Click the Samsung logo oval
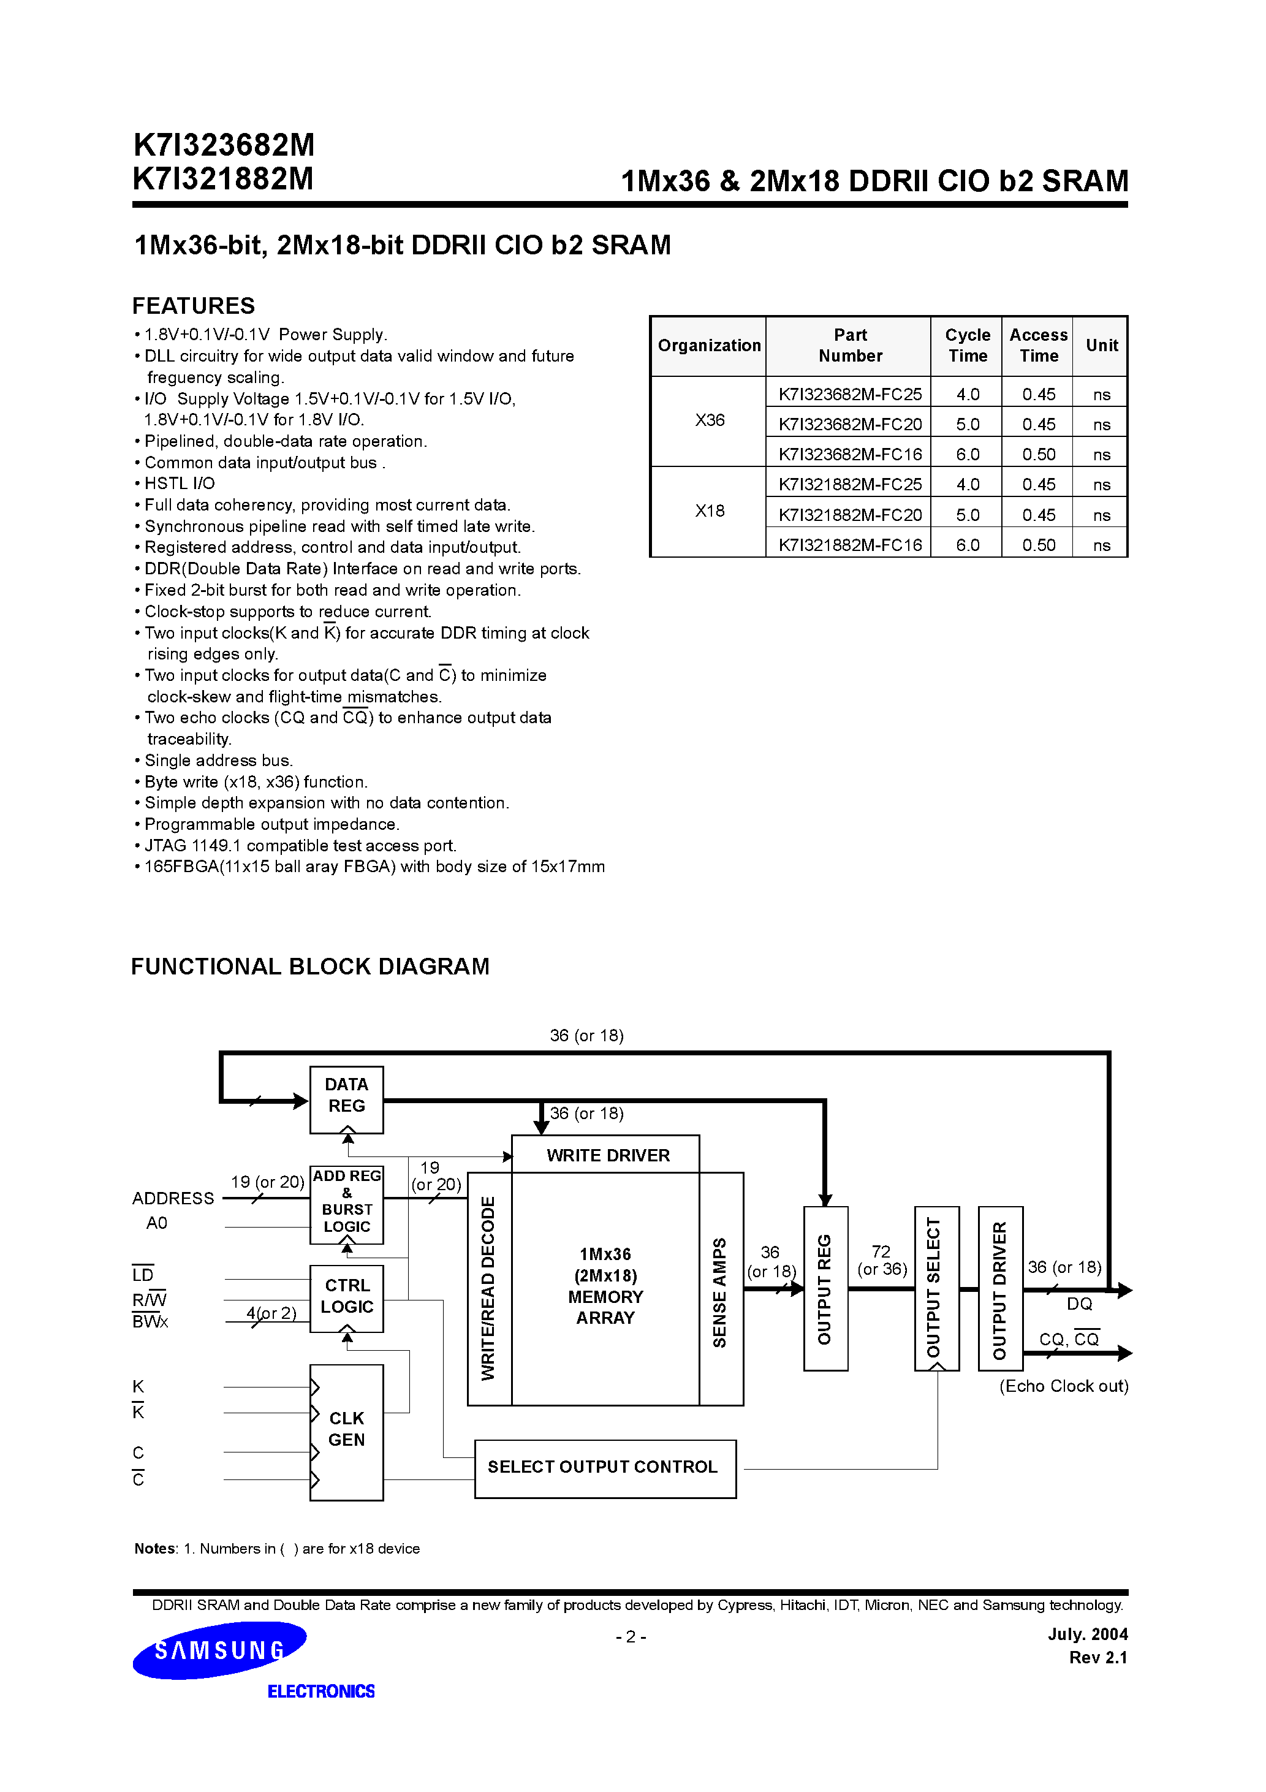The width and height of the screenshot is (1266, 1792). tap(219, 1650)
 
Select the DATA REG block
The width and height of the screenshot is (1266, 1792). tap(347, 1099)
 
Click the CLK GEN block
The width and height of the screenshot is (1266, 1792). tap(347, 1432)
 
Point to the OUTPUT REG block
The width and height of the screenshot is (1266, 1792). tap(825, 1289)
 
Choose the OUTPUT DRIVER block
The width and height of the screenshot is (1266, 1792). tap(1000, 1289)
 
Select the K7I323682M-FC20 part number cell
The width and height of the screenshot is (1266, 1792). tap(849, 425)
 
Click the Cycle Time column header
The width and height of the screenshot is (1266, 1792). tap(967, 345)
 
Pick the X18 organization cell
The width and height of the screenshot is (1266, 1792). tap(710, 511)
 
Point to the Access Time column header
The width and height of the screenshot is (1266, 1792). tap(1038, 345)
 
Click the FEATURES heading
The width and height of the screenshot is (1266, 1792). tap(194, 305)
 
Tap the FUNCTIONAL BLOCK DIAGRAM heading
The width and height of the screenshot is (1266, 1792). tap(310, 966)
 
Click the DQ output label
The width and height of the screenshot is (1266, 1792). tap(1080, 1304)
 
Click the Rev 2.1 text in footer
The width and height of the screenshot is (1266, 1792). tap(1097, 1657)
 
